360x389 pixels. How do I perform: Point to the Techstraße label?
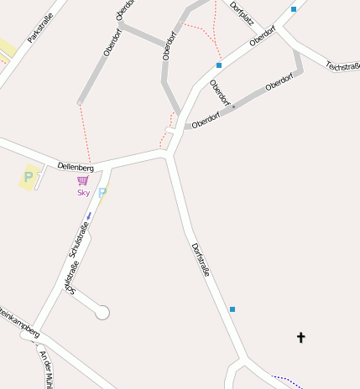pyautogui.click(x=342, y=65)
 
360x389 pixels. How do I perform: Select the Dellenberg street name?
pyautogui.click(x=76, y=168)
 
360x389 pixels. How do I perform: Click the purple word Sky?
pyautogui.click(x=83, y=192)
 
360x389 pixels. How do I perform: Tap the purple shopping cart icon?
pyautogui.click(x=82, y=179)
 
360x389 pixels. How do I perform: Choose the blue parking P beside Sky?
pyautogui.click(x=102, y=193)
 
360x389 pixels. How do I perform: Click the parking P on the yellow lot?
pyautogui.click(x=29, y=177)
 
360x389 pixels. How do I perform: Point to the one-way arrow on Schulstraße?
pyautogui.click(x=88, y=216)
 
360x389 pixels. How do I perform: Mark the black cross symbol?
pyautogui.click(x=301, y=337)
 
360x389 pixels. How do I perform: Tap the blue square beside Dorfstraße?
pyautogui.click(x=232, y=309)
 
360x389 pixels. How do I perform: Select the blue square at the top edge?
pyautogui.click(x=294, y=8)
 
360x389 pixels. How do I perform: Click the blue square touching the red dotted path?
pyautogui.click(x=219, y=65)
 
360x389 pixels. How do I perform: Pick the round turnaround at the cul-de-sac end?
pyautogui.click(x=102, y=313)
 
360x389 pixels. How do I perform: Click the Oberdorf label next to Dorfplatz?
pyautogui.click(x=263, y=38)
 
